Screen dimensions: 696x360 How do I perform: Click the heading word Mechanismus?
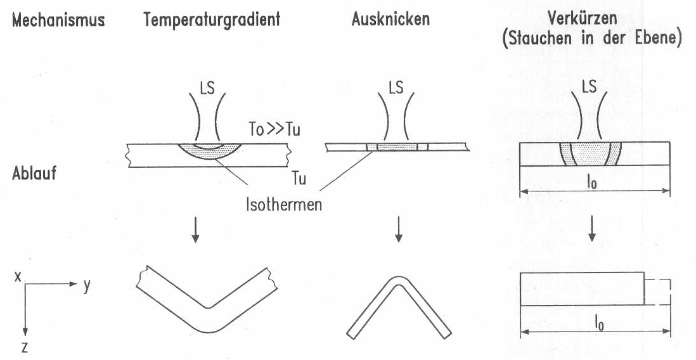pyautogui.click(x=58, y=20)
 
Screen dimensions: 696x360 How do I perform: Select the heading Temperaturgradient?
pyautogui.click(x=212, y=20)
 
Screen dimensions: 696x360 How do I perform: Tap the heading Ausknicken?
pyautogui.click(x=390, y=19)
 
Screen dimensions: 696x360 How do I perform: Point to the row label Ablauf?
pyautogui.click(x=35, y=173)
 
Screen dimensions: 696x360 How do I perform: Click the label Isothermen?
pyautogui.click(x=283, y=205)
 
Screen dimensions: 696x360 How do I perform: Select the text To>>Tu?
pyautogui.click(x=274, y=130)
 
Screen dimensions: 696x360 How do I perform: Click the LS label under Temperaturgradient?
pyautogui.click(x=207, y=88)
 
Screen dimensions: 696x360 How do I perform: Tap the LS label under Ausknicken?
pyautogui.click(x=396, y=88)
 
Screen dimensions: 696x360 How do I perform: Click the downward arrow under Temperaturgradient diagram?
pyautogui.click(x=195, y=229)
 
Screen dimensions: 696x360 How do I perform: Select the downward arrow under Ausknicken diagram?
pyautogui.click(x=399, y=229)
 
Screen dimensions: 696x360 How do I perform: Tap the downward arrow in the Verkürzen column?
pyautogui.click(x=591, y=229)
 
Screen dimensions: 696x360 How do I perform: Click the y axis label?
pyautogui.click(x=87, y=285)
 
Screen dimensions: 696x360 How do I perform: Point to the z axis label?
pyautogui.click(x=25, y=347)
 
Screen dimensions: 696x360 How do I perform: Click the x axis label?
pyautogui.click(x=18, y=277)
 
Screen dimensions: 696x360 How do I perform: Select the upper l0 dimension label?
pyautogui.click(x=591, y=183)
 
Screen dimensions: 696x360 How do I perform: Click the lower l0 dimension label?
pyautogui.click(x=599, y=324)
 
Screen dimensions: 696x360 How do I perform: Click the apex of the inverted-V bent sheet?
pyautogui.click(x=399, y=278)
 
